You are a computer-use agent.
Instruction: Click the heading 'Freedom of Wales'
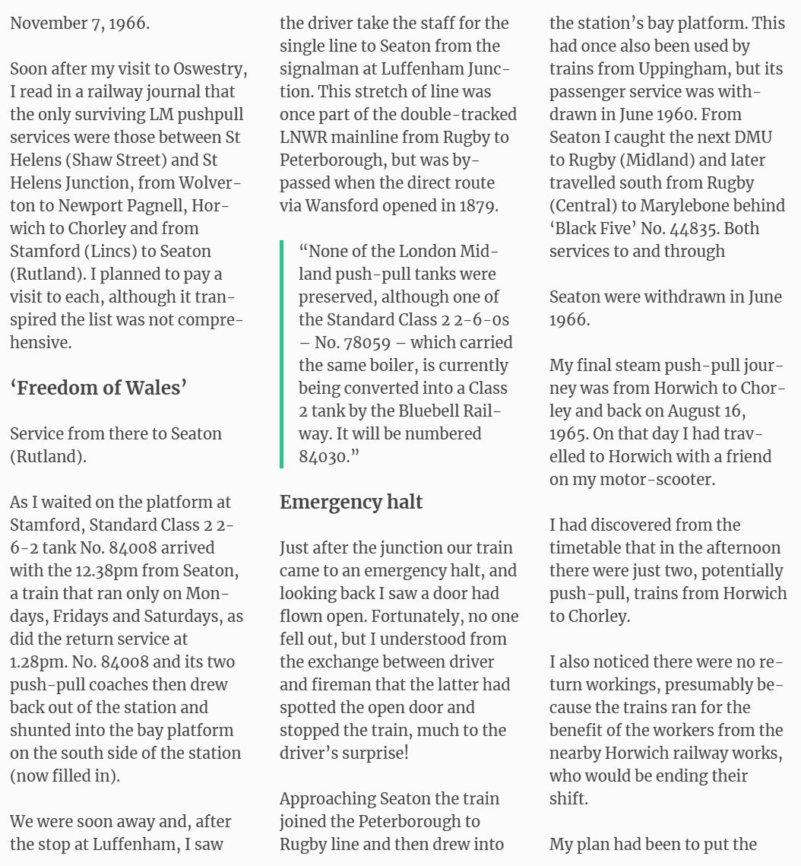point(98,388)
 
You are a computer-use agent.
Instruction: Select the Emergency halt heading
point(351,502)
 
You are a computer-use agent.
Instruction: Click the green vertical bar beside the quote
point(282,354)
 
